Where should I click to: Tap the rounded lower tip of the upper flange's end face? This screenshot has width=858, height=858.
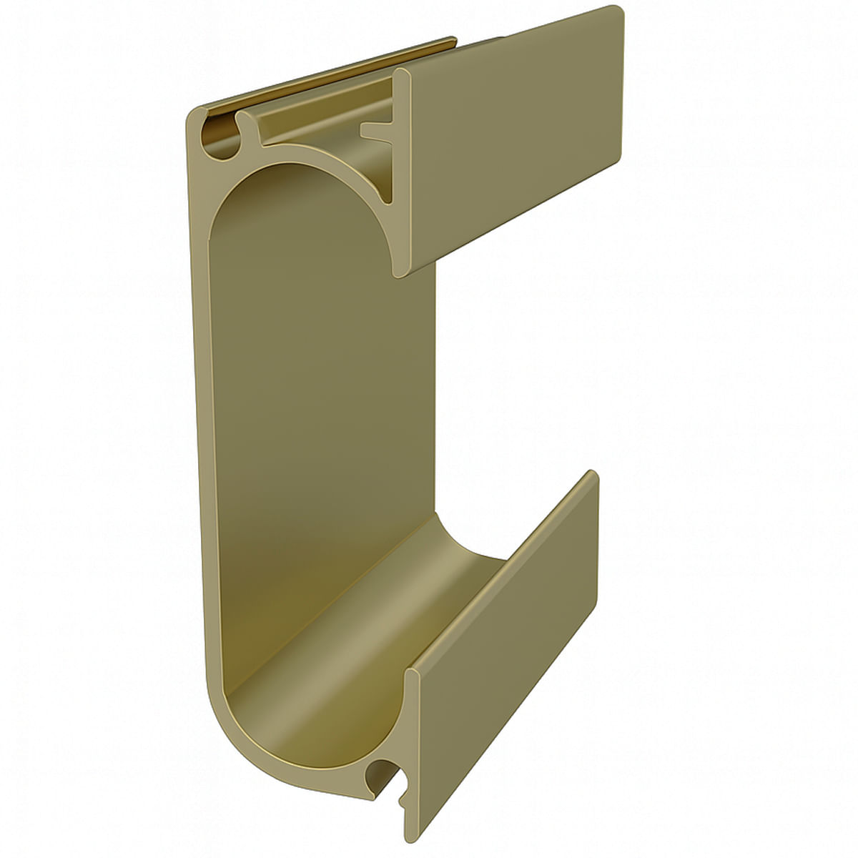tap(400, 272)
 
